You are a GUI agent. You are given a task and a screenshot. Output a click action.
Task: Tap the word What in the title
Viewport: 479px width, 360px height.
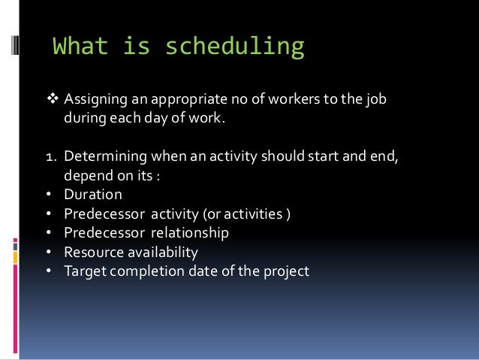pos(81,47)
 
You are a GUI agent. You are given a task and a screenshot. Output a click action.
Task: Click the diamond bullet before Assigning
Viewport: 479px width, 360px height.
pos(53,99)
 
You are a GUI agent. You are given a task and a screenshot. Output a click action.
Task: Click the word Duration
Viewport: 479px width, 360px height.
pos(93,195)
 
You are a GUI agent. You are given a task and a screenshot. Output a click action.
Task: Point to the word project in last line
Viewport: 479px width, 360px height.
pos(285,271)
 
